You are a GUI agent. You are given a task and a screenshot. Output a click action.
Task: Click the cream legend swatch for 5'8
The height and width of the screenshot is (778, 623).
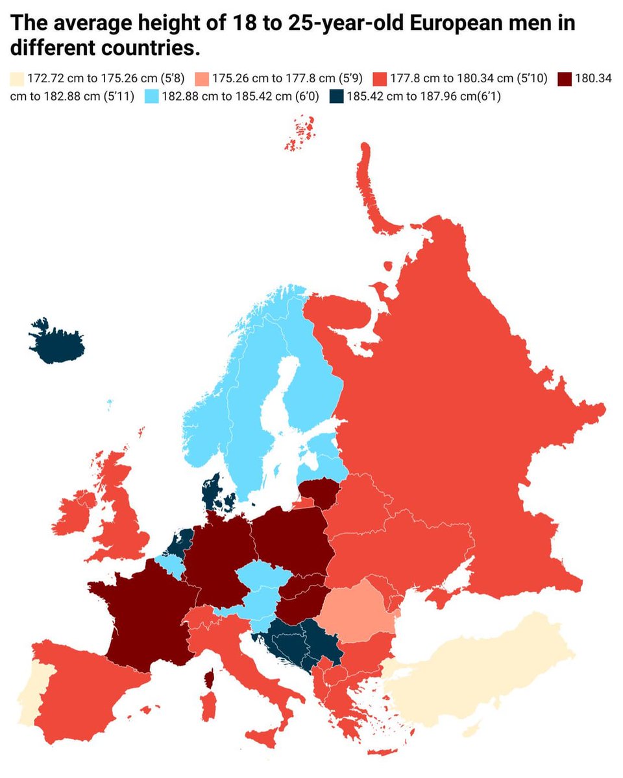(x=17, y=79)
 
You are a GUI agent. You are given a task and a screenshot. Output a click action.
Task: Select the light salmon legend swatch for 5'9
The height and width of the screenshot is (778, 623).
(x=202, y=79)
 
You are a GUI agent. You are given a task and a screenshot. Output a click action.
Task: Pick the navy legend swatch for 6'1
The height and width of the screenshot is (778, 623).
(x=337, y=97)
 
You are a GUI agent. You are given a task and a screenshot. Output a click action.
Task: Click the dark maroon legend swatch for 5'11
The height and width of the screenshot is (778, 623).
(x=565, y=79)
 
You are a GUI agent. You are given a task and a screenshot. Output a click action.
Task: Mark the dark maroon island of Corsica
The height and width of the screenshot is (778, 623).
(x=210, y=679)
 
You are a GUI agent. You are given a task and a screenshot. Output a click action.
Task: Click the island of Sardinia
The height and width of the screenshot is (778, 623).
(x=208, y=707)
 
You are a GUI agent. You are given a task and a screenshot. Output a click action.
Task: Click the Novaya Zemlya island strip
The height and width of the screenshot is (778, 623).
(x=373, y=188)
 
